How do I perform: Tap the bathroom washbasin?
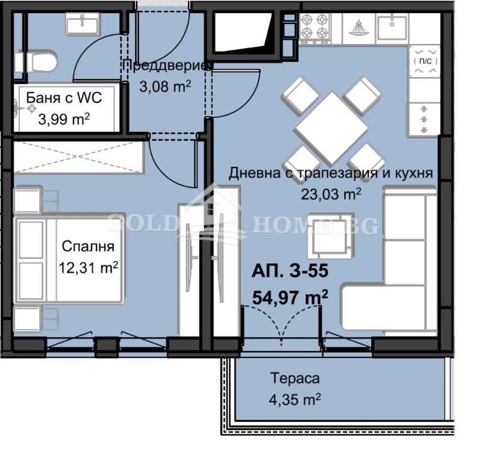tap(83, 25)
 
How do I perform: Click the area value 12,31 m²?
tap(88, 267)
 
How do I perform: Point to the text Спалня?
tap(88, 246)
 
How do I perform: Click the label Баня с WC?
tap(64, 98)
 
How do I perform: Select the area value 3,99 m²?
tap(64, 119)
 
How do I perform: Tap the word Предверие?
tap(166, 66)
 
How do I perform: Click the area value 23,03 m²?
tap(331, 194)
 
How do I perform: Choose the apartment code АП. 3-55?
tap(290, 272)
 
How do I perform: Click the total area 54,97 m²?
tap(290, 295)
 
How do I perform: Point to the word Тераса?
tap(295, 379)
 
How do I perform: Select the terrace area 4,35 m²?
tap(295, 398)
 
